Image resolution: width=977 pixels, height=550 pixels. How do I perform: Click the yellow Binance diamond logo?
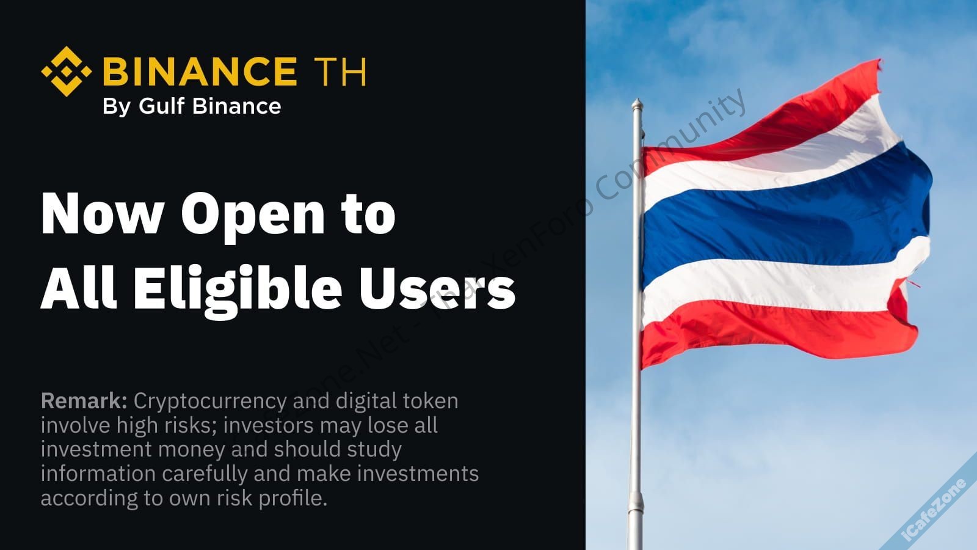(67, 71)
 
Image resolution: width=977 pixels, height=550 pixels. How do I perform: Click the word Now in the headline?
(103, 215)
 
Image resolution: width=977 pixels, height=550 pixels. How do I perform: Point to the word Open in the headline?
(253, 217)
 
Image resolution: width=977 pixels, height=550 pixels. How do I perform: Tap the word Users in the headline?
(437, 288)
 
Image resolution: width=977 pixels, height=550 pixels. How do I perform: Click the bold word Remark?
(84, 401)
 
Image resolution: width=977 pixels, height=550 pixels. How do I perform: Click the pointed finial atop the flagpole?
(637, 105)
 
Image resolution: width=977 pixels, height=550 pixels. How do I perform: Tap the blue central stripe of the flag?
(785, 218)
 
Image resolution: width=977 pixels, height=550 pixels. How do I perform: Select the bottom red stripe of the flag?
(776, 332)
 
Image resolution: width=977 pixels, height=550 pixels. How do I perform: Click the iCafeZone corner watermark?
(934, 512)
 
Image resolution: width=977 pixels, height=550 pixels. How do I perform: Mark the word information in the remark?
(98, 474)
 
